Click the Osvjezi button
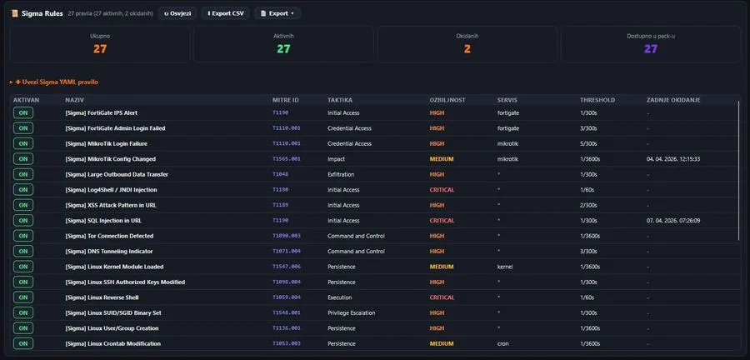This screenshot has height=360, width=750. (x=177, y=13)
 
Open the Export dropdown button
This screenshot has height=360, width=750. (x=277, y=13)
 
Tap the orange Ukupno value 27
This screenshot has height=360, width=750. (x=100, y=49)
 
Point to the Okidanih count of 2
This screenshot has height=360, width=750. (x=467, y=49)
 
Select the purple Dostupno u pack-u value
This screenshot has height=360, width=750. (x=651, y=49)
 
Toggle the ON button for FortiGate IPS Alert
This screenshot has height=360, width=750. (x=23, y=112)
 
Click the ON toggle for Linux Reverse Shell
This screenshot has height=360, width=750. (x=23, y=297)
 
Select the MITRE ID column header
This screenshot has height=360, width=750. (x=285, y=100)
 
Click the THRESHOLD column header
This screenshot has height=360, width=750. (x=597, y=100)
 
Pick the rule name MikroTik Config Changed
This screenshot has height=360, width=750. (x=110, y=159)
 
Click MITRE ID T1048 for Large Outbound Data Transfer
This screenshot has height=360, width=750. (x=280, y=174)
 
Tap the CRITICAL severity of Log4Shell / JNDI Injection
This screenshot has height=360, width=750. (x=442, y=190)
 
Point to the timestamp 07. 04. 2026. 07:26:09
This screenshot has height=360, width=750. (x=673, y=221)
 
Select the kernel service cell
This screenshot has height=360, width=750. (x=506, y=267)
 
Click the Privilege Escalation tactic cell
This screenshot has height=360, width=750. (x=355, y=312)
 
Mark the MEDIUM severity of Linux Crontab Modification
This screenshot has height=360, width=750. (x=442, y=343)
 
